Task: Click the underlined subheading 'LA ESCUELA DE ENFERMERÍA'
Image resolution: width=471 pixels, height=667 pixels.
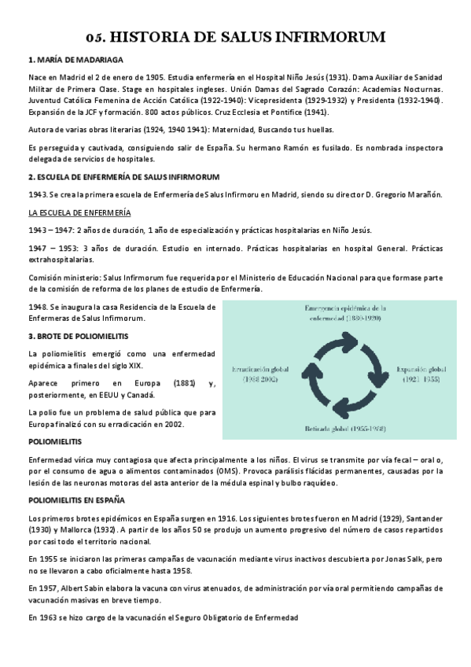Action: tap(79, 213)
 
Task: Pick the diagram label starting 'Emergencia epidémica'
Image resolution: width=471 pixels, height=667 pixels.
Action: tap(346, 308)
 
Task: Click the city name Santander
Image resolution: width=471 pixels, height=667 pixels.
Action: tap(425, 518)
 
